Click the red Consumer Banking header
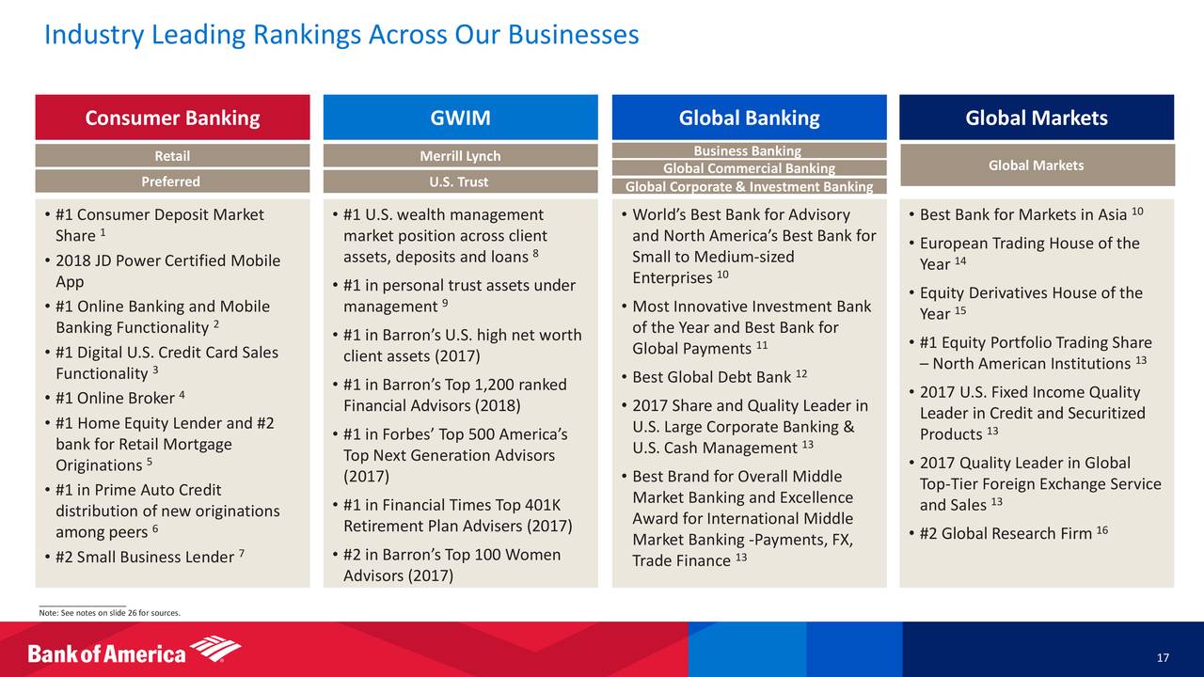coord(172,118)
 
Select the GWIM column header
coord(460,118)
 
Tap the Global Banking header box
coord(750,118)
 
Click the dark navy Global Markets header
coord(1037,118)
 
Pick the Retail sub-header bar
coord(172,156)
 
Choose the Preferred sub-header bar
coord(172,181)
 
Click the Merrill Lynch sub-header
coord(460,156)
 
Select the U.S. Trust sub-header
coord(460,181)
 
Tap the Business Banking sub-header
coord(750,150)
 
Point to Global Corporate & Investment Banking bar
coord(750,186)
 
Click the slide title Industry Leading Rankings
coord(341,35)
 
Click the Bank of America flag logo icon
coord(215,648)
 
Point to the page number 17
coord(1163,657)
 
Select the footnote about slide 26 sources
coord(110,612)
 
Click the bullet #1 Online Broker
coord(116,398)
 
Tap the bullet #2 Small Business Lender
coord(145,557)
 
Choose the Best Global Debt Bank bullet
coord(715,377)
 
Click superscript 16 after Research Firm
coord(1102,529)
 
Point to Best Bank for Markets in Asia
coord(1026,214)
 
